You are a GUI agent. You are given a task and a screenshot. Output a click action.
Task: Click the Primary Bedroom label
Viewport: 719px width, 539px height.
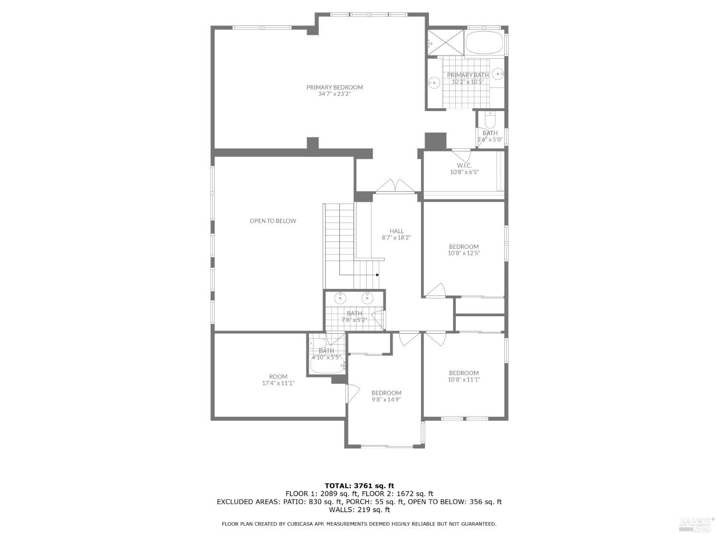(335, 87)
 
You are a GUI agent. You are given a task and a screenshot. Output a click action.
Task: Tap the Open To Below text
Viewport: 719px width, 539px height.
(273, 221)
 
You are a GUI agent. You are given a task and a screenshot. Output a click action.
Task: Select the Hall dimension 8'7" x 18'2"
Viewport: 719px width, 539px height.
(396, 238)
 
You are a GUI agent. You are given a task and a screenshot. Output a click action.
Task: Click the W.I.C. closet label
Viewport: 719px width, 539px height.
(464, 165)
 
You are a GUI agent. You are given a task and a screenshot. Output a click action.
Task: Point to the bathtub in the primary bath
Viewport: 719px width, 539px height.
(484, 43)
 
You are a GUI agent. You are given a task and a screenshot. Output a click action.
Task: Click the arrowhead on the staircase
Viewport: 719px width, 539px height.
(378, 275)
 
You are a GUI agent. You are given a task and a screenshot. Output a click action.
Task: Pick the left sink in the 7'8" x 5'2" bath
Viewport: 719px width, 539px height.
(340, 298)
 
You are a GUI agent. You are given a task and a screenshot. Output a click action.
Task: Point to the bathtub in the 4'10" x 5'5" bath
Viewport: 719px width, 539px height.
(327, 367)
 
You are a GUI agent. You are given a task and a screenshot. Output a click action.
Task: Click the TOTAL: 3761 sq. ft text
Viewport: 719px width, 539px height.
(359, 485)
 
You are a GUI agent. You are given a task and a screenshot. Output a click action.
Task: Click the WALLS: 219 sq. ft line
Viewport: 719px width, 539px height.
(359, 510)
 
